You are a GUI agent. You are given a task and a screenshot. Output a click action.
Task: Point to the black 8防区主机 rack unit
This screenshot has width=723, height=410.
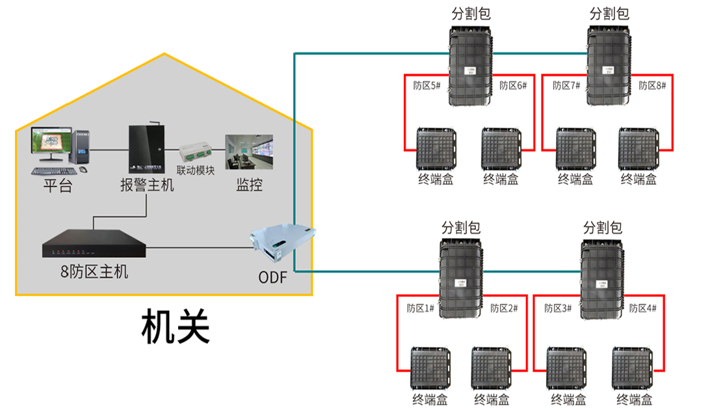[x=94, y=246]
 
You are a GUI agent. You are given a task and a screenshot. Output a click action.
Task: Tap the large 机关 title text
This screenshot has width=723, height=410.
[x=176, y=327]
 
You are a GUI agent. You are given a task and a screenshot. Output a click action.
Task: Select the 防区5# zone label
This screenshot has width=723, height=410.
[x=427, y=85]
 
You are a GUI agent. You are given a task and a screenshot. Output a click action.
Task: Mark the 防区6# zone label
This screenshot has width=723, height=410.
[x=513, y=85]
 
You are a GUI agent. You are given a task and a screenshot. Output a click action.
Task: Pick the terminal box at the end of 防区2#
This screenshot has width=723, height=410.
[x=492, y=368]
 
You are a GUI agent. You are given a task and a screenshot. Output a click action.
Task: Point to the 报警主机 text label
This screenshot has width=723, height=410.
[x=147, y=185]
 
